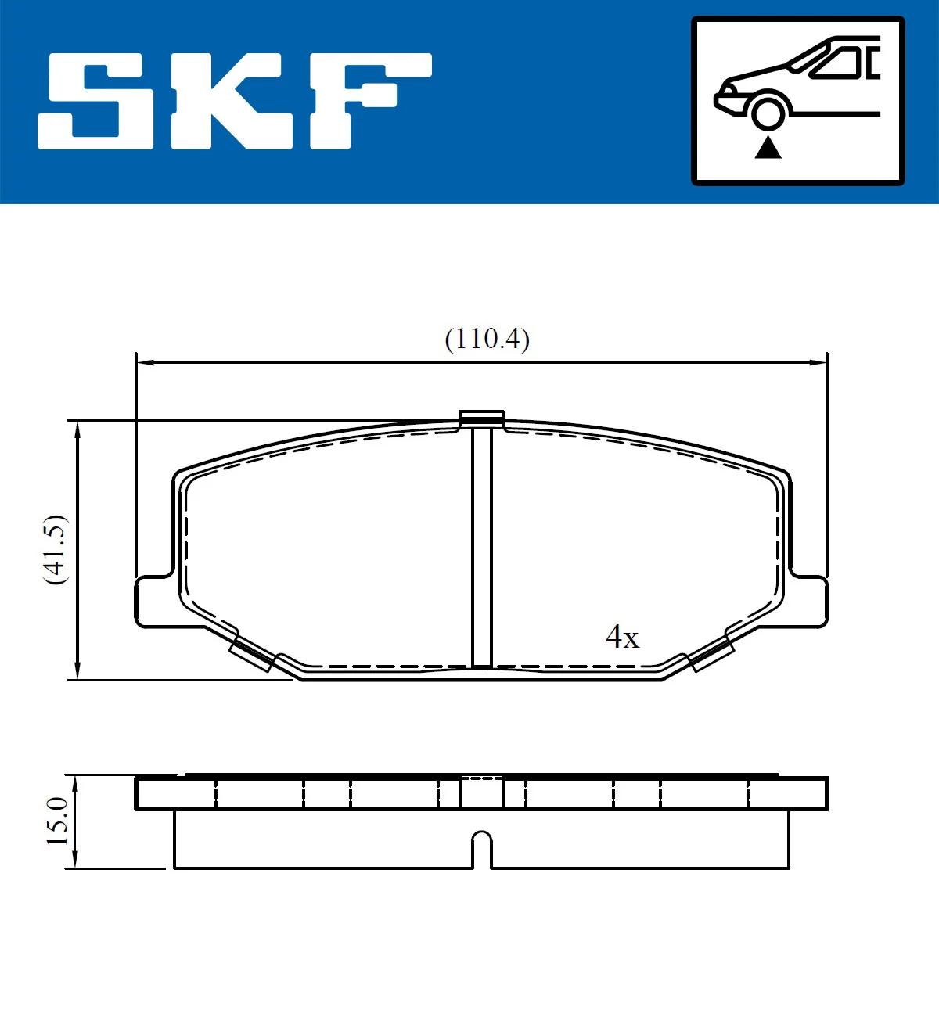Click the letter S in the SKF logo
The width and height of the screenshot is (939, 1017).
(x=95, y=101)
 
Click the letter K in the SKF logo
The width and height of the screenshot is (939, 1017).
(x=232, y=101)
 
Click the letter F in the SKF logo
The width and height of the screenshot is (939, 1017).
(x=368, y=99)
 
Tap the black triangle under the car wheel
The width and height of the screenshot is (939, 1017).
(x=768, y=147)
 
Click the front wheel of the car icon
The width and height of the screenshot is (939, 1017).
(x=768, y=112)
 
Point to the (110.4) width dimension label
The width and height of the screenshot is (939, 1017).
(x=487, y=339)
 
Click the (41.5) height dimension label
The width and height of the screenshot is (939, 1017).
(x=56, y=549)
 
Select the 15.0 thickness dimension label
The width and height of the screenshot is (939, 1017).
(x=57, y=821)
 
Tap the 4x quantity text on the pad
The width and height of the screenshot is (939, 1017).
(x=622, y=637)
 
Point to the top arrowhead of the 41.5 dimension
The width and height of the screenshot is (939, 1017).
(x=77, y=429)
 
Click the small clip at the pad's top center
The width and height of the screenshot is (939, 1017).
(x=481, y=419)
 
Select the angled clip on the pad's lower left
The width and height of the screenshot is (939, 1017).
(x=252, y=654)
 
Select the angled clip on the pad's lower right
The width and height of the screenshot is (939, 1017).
(x=711, y=654)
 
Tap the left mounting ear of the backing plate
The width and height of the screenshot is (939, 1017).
(x=153, y=602)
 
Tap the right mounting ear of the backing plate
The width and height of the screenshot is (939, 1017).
(x=809, y=602)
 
